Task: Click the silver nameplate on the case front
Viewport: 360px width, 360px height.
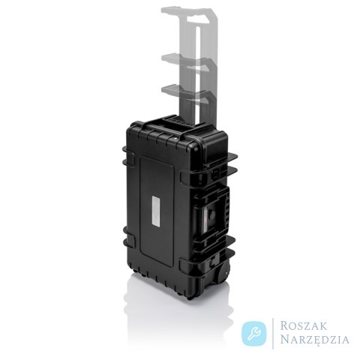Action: point(157,211)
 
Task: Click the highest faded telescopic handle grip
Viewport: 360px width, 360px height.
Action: point(190,16)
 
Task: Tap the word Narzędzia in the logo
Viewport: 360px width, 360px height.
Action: point(314,340)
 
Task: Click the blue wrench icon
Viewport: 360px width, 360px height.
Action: point(254,334)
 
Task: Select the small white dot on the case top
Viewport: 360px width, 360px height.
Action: point(175,138)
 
